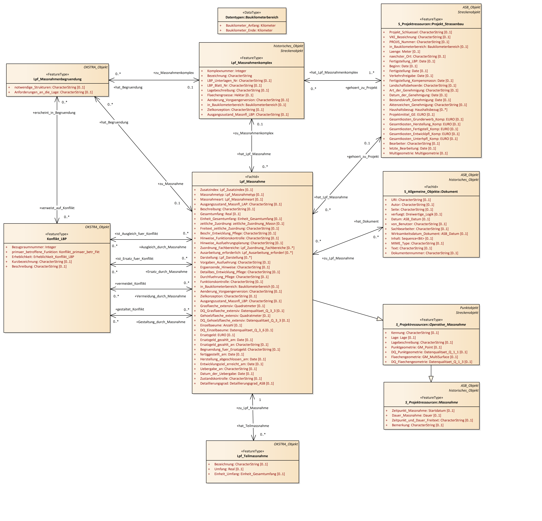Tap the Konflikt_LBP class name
(57, 239)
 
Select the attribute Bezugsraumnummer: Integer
(34, 247)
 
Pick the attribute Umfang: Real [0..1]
(229, 469)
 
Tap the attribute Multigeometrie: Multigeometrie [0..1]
(418, 153)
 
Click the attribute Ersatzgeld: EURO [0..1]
(217, 335)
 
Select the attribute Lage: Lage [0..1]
(403, 338)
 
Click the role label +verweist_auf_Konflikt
(57, 208)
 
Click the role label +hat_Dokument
(366, 221)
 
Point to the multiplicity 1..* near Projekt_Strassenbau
(371, 73)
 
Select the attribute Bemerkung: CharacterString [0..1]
(417, 425)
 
